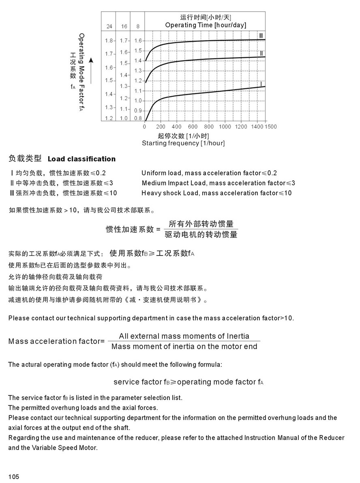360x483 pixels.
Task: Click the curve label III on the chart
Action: coord(261,36)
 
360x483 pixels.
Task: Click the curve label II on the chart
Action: coord(261,54)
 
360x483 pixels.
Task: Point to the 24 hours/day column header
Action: coord(109,26)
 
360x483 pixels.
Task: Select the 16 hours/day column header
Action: coord(124,26)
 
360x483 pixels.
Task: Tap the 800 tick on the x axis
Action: coord(209,127)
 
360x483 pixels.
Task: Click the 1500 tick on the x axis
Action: coord(270,127)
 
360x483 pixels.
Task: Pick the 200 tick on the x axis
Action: coord(161,127)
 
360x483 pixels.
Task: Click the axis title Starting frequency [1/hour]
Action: coord(183,143)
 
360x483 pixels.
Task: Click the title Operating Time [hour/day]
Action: coord(206,25)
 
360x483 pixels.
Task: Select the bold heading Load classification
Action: coord(81,159)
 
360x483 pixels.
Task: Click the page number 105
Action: coord(13,477)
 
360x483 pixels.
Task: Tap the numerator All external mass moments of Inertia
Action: coord(184,336)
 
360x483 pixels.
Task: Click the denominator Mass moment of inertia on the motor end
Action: coord(184,346)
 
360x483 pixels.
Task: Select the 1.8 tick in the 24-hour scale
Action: coord(109,41)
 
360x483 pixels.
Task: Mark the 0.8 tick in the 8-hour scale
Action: coord(138,118)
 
